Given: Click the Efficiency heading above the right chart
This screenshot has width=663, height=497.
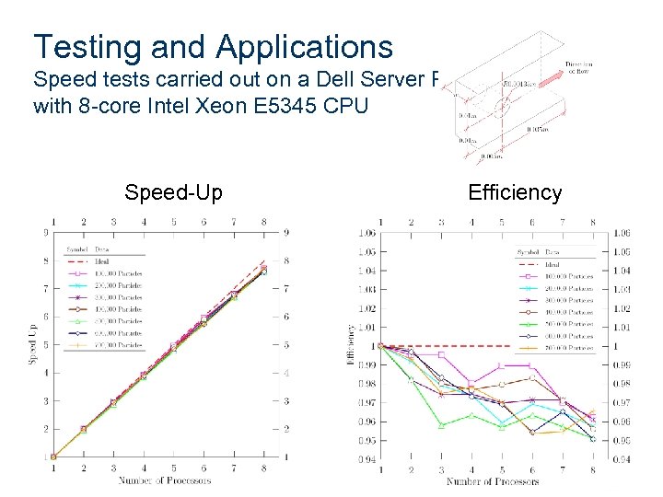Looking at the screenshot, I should click(x=515, y=192).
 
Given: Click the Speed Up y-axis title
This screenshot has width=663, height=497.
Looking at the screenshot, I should click(x=33, y=345).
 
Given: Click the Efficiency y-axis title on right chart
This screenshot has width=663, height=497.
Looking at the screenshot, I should click(x=350, y=345).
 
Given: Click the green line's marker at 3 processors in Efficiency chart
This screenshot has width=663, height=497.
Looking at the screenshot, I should click(x=441, y=425).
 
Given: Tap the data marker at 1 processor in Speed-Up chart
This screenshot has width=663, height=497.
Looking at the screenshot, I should click(x=53, y=457).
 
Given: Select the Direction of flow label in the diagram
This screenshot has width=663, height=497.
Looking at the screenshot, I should click(x=579, y=67).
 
